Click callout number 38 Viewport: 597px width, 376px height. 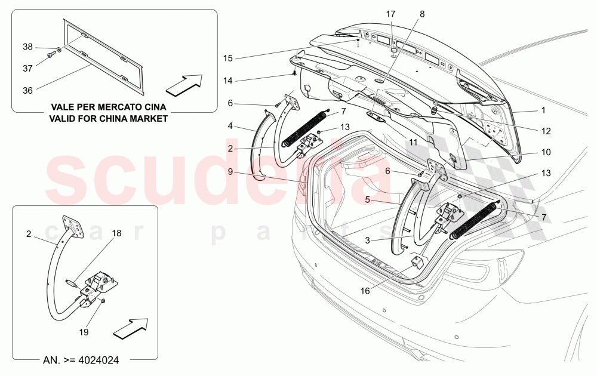coord(28,47)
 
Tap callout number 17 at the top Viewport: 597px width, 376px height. coord(390,14)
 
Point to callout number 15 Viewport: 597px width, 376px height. coord(228,58)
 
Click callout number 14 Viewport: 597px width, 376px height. coord(228,80)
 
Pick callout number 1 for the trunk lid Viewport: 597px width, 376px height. coord(543,110)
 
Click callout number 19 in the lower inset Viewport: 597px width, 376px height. coord(83,332)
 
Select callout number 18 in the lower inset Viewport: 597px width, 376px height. coord(116,233)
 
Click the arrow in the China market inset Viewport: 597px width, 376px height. coord(184,85)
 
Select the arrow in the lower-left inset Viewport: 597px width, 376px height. coord(130,328)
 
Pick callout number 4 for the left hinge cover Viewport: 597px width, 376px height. coord(230,126)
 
